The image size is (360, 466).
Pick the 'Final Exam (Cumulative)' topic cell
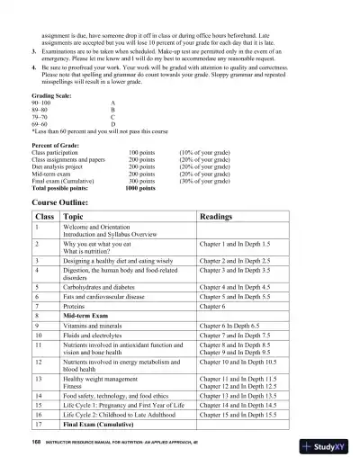(x=101, y=422)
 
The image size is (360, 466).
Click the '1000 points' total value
(x=139, y=188)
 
